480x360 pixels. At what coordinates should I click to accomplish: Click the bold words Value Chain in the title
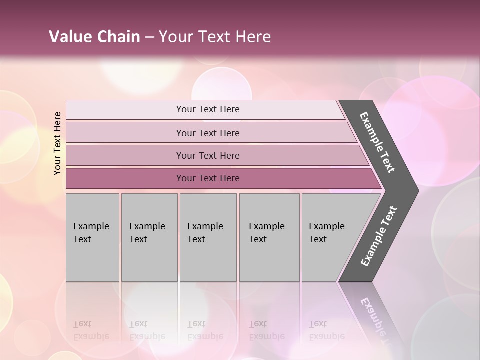point(94,36)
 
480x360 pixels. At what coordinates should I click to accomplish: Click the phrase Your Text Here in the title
point(215,36)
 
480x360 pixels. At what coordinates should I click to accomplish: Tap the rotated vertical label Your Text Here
point(58,143)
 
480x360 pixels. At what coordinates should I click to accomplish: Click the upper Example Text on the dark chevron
point(377,142)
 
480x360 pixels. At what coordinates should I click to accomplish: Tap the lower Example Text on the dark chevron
point(378,236)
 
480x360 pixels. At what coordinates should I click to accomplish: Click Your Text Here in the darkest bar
point(208,178)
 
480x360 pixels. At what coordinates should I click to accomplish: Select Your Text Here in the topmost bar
point(208,109)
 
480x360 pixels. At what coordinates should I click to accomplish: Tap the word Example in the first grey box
point(91,226)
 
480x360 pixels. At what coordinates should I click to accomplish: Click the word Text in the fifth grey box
point(318,239)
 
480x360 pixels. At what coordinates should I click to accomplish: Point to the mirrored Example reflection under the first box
point(91,336)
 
